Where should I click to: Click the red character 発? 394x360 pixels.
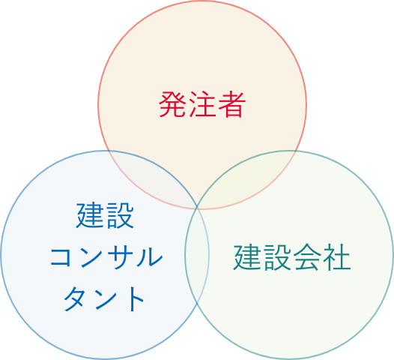pos(172,104)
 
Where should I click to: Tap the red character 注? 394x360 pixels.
pos(202,104)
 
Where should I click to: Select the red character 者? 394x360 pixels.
pos(231,104)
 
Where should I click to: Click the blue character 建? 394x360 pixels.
pos(90,215)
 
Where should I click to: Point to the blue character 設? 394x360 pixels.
pos(120,215)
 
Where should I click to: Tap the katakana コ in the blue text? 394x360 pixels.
pos(61,256)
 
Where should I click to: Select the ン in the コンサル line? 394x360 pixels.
pos(91,256)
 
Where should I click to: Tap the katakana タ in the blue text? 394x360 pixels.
pos(76,298)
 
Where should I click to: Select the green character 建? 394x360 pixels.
pos(247,257)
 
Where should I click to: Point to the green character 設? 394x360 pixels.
pos(277,257)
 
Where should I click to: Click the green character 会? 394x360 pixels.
pos(306,257)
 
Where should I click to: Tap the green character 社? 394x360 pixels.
pos(337,257)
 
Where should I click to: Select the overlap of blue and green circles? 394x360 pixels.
pos(197,254)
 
